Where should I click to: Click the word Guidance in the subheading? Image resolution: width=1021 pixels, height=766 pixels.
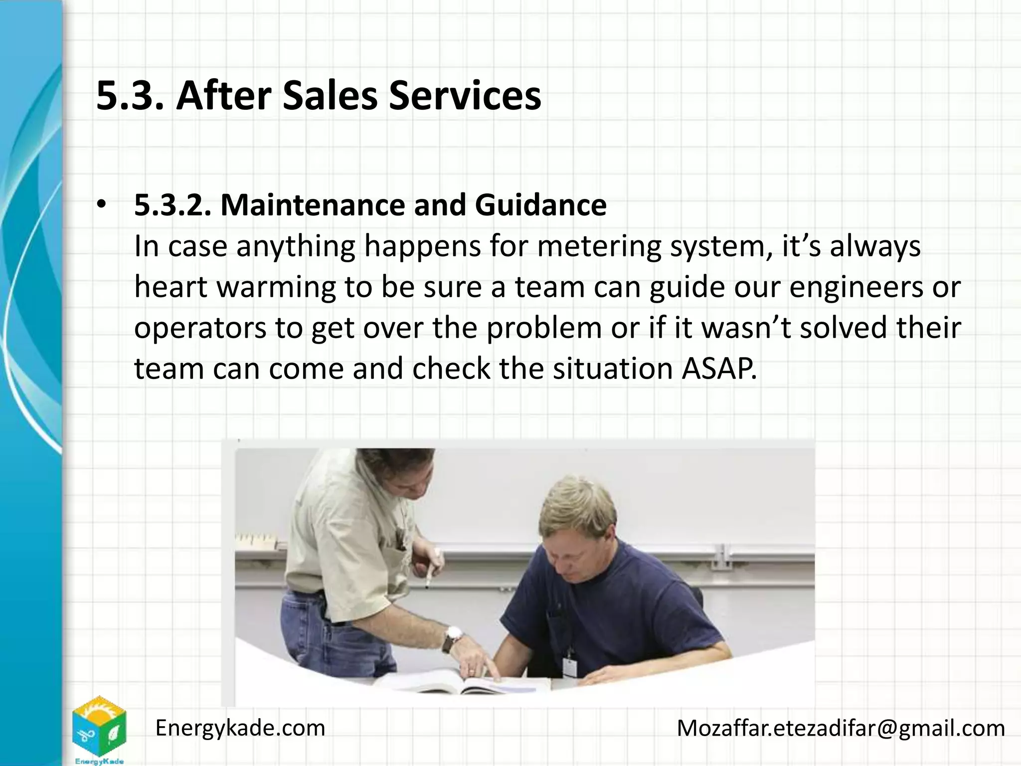[x=540, y=205]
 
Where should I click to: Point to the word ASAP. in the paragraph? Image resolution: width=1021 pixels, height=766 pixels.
[x=718, y=369]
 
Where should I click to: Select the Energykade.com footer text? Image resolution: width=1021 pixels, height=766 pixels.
[x=240, y=728]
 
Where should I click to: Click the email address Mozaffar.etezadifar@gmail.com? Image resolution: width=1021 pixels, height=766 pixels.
[x=841, y=728]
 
